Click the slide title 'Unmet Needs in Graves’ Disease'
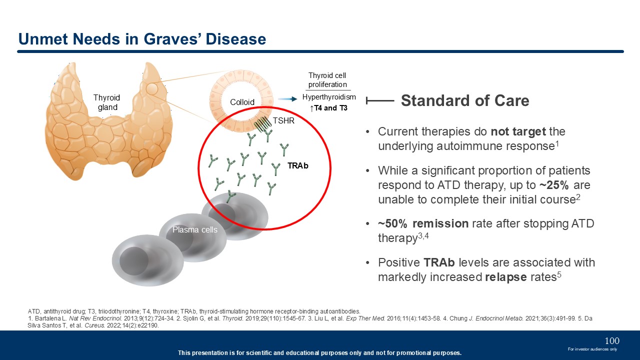click(142, 39)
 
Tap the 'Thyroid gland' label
click(107, 102)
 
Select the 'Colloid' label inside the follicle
click(242, 102)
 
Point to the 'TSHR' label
click(283, 120)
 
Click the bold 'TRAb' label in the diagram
click(297, 165)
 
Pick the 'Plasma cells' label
click(195, 229)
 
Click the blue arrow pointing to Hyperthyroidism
click(287, 99)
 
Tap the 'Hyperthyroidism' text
click(329, 97)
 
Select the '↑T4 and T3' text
click(328, 108)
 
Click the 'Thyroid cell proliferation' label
click(327, 80)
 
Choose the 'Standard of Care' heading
click(465, 100)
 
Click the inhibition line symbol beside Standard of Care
click(380, 100)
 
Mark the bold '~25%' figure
click(554, 185)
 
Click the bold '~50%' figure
click(392, 223)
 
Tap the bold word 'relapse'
click(505, 277)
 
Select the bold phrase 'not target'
click(518, 131)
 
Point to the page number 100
click(612, 341)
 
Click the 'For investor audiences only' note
click(592, 349)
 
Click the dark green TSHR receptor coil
click(262, 124)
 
